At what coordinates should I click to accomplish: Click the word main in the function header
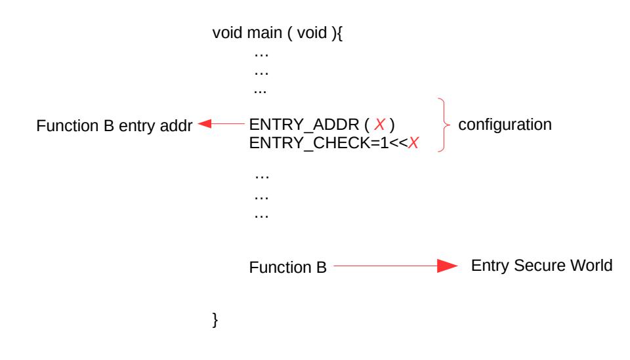click(264, 33)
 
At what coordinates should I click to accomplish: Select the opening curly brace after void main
click(339, 33)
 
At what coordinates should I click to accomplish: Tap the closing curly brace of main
click(215, 320)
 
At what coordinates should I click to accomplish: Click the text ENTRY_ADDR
click(304, 125)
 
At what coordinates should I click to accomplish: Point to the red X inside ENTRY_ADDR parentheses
click(379, 125)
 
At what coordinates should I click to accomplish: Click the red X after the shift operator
click(413, 142)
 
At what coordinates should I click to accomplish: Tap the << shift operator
click(398, 143)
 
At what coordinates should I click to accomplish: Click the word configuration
click(505, 125)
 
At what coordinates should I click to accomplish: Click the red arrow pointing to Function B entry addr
click(221, 124)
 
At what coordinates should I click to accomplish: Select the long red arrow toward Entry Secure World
click(395, 266)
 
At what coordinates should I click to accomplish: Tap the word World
click(591, 266)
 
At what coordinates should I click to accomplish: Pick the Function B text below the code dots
click(287, 268)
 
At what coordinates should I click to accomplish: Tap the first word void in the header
click(227, 33)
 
